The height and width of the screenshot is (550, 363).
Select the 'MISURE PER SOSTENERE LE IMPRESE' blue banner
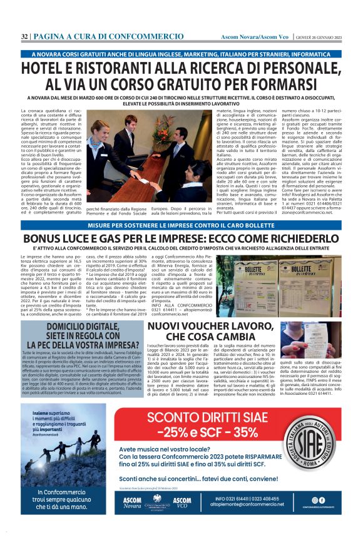click(181, 225)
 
